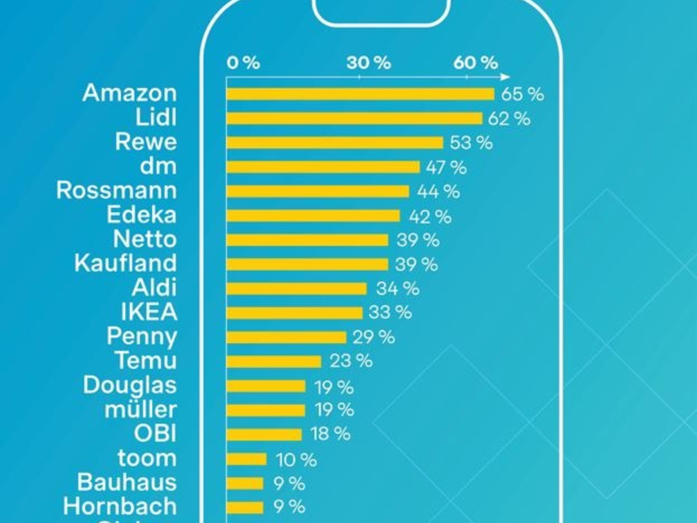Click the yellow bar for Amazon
(x=360, y=94)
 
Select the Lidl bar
(x=354, y=119)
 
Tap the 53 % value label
(x=471, y=143)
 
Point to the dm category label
(x=158, y=166)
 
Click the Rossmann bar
(x=318, y=191)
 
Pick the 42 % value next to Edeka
(x=430, y=216)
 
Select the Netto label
(x=145, y=239)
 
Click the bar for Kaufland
(x=307, y=264)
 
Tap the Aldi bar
(x=296, y=289)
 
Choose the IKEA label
(x=149, y=312)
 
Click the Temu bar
(x=274, y=361)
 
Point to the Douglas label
(x=130, y=385)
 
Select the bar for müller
(x=265, y=410)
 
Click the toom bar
(x=246, y=459)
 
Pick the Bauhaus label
(x=127, y=482)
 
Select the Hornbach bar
(x=245, y=507)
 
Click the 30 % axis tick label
(x=369, y=63)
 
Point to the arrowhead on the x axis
(x=506, y=77)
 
